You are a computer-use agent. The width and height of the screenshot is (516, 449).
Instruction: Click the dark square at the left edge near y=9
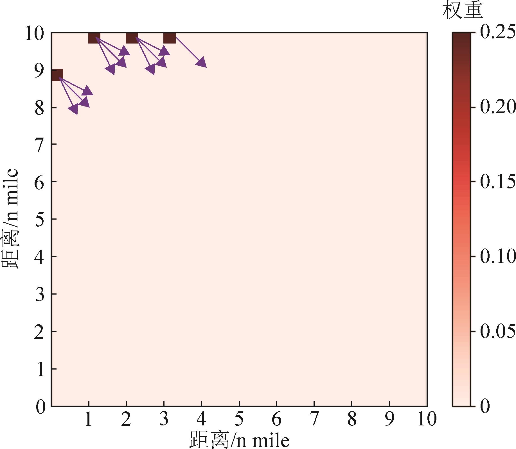pyautogui.click(x=57, y=75)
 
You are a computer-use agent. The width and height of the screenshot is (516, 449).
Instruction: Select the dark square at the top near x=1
pyautogui.click(x=94, y=38)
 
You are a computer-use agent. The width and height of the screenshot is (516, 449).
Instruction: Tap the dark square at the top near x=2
pyautogui.click(x=132, y=38)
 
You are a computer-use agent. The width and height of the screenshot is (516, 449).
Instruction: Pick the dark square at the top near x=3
pyautogui.click(x=169, y=38)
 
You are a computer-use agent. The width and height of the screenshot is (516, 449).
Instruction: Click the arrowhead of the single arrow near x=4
pyautogui.click(x=202, y=63)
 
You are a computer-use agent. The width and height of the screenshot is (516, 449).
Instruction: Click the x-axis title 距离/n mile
pyautogui.click(x=239, y=440)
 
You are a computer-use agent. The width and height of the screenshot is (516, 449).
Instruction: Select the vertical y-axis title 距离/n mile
pyautogui.click(x=10, y=219)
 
